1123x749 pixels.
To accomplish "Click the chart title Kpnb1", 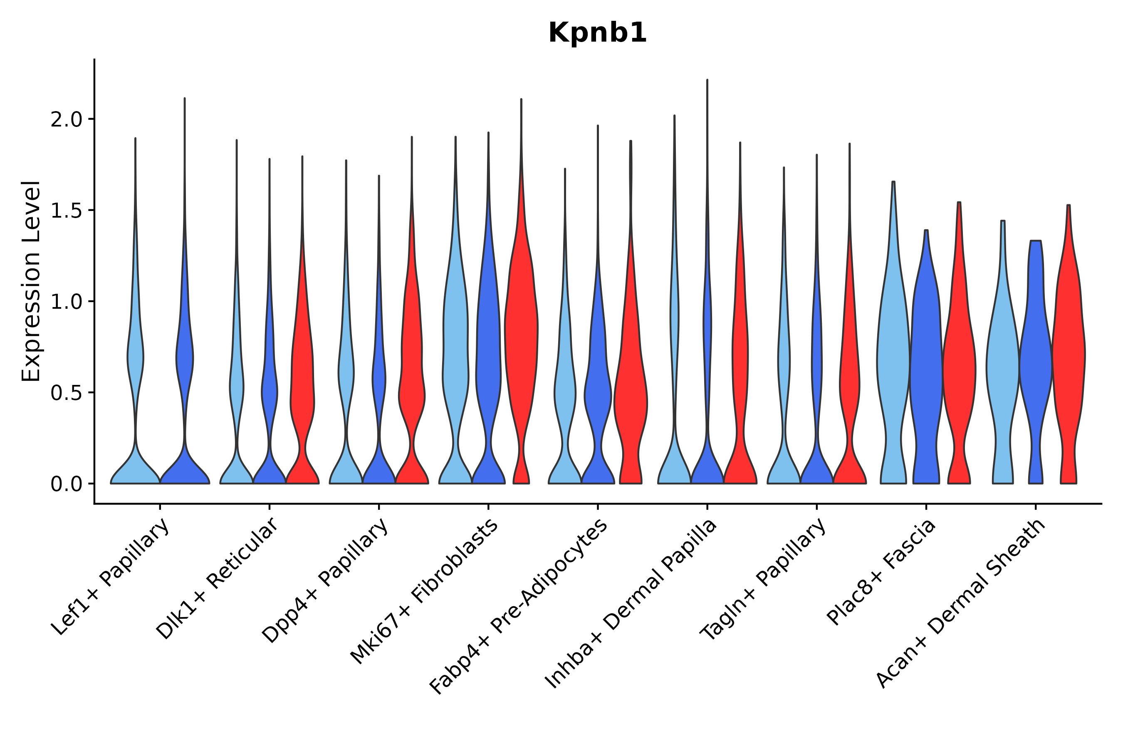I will click(597, 33).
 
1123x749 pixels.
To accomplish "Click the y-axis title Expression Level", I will click(31, 281).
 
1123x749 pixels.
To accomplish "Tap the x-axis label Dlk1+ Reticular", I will click(217, 579).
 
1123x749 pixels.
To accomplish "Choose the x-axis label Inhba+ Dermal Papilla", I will click(631, 605).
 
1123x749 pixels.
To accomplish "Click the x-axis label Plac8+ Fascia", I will click(881, 573).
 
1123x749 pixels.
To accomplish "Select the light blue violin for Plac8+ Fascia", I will click(893, 358).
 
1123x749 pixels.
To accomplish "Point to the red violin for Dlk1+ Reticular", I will click(302, 382).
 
